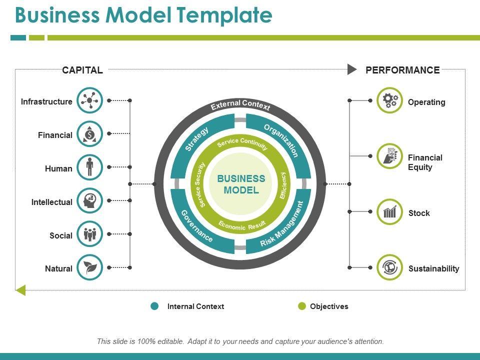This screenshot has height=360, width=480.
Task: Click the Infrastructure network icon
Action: [90, 100]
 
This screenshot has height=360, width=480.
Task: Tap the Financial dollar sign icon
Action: [90, 134]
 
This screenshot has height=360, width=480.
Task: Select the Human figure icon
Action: [90, 167]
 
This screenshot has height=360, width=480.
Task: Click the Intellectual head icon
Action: [90, 200]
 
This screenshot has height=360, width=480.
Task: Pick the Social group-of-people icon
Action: [90, 234]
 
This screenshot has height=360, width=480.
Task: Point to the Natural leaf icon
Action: [90, 267]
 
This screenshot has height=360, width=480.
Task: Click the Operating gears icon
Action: [389, 100]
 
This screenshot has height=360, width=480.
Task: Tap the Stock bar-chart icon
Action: [389, 211]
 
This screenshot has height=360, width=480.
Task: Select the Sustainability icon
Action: [389, 267]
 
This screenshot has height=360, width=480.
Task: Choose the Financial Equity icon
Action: [389, 156]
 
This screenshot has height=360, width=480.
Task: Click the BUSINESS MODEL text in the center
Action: [241, 184]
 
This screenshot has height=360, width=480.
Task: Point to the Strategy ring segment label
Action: [196, 139]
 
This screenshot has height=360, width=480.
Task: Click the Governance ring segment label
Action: [196, 226]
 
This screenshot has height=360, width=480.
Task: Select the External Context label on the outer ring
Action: [240, 105]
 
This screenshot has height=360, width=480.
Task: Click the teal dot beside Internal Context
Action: [155, 306]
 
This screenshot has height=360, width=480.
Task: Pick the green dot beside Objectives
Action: [301, 306]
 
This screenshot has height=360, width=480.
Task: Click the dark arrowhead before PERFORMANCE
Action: [352, 69]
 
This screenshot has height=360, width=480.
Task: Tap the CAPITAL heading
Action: [82, 70]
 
